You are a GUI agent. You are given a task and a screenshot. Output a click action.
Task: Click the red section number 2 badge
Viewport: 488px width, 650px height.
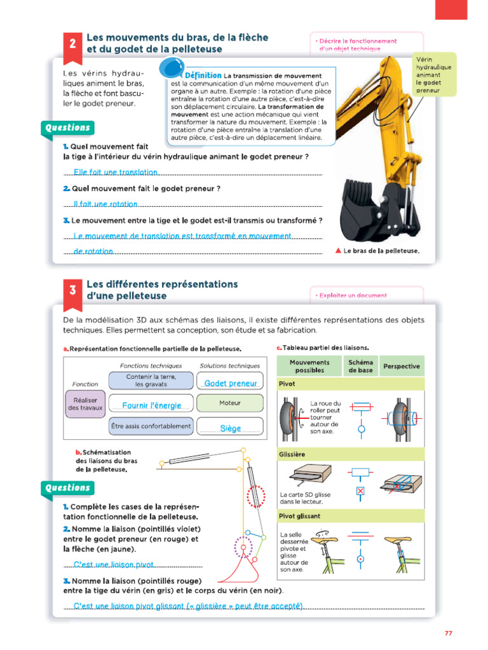(73, 44)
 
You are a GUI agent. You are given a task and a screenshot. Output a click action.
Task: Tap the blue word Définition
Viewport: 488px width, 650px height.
(203, 76)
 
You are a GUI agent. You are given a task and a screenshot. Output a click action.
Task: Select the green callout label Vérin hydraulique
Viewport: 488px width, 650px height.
(433, 74)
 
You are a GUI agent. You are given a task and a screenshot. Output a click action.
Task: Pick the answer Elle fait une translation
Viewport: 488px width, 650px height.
(115, 172)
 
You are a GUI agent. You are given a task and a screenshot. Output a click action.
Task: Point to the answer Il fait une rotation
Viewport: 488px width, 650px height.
(105, 204)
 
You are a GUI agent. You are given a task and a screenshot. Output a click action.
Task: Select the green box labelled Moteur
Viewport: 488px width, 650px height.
(230, 403)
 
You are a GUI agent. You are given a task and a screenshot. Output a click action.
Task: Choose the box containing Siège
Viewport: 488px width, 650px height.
(230, 428)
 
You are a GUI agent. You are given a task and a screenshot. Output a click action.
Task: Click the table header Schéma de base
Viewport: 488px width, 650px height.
(360, 366)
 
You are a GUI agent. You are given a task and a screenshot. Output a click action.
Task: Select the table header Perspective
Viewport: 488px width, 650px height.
(402, 366)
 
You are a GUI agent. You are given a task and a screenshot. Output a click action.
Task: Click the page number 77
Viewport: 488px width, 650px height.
(448, 632)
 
